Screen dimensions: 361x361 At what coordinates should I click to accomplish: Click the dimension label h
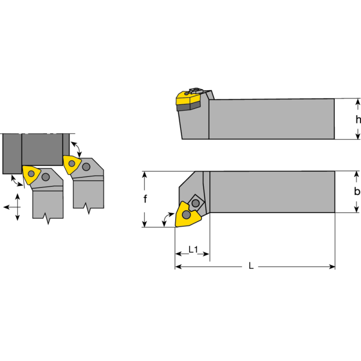(x=357, y=120)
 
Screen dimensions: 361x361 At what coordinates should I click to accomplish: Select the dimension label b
(x=357, y=191)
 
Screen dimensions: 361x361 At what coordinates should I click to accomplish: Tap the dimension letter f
(x=145, y=199)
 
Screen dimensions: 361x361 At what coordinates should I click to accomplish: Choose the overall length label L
(x=251, y=266)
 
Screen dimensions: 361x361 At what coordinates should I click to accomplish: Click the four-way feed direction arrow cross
(x=17, y=207)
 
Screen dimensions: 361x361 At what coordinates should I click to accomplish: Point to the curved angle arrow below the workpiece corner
(x=17, y=181)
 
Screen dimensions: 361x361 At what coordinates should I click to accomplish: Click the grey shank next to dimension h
(x=271, y=119)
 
